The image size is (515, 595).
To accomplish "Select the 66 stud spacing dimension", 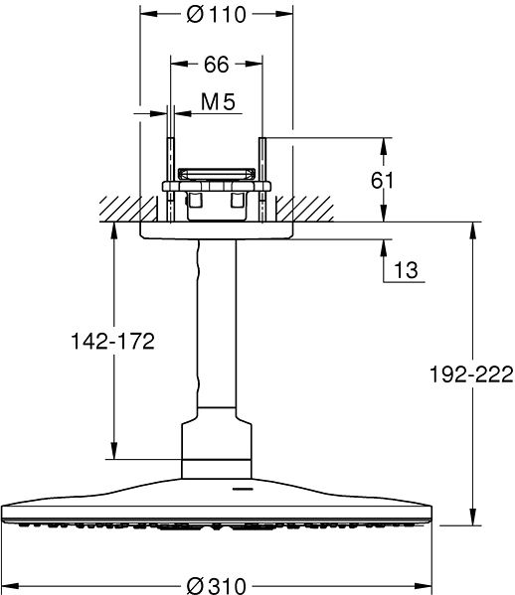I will pos(217,65).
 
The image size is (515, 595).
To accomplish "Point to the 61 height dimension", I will pos(409,180).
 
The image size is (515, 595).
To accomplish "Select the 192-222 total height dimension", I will pos(471,373).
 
